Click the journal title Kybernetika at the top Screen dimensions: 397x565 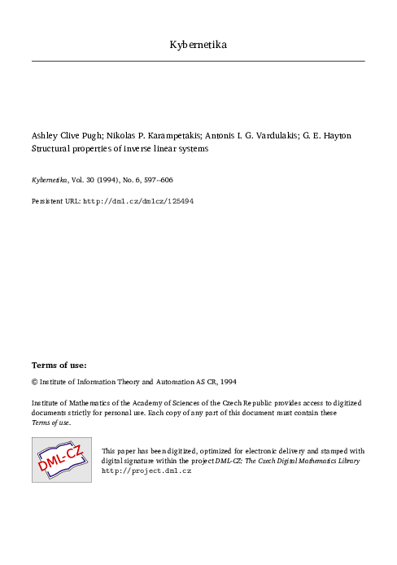click(198, 44)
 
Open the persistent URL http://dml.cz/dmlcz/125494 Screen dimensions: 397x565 click(138, 199)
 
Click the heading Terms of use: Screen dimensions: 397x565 click(59, 364)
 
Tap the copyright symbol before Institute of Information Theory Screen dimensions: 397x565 click(34, 381)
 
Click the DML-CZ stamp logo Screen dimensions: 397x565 click(61, 460)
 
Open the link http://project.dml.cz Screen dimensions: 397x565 click(146, 471)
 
